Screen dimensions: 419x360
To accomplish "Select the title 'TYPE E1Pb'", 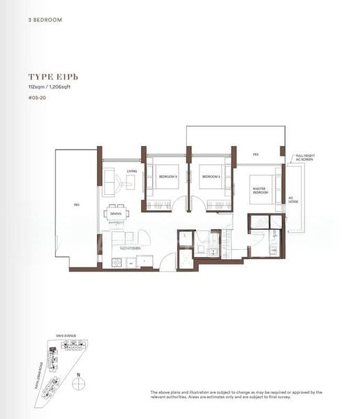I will [50, 77].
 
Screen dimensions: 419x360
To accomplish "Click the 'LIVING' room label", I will [132, 171].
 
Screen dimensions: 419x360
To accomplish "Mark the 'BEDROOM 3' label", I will [167, 177].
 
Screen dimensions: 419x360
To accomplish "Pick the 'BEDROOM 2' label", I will [211, 177].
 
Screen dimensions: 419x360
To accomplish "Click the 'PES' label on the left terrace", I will [76, 205].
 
